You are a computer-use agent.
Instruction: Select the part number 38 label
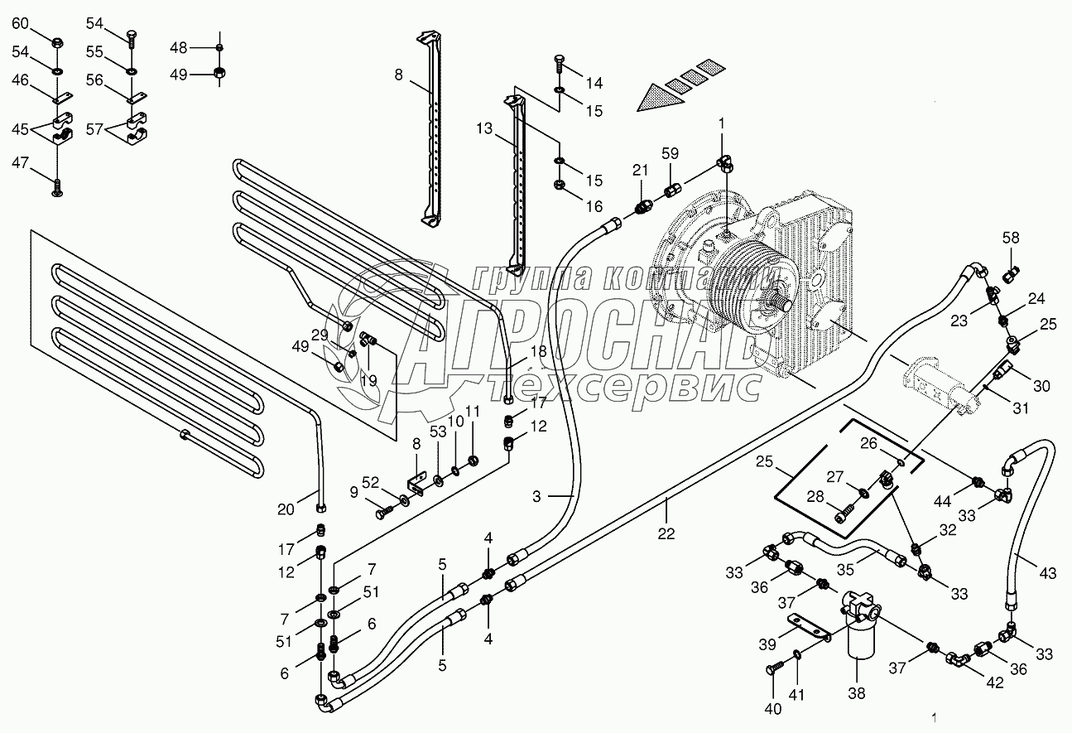(857, 692)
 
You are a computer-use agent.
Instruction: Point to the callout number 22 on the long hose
(667, 534)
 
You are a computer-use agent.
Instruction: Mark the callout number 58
(1010, 239)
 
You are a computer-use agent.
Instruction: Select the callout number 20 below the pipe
(286, 510)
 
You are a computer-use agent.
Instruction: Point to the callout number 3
(536, 496)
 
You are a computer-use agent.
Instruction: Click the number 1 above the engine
(721, 123)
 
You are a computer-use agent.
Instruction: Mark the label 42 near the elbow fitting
(994, 684)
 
